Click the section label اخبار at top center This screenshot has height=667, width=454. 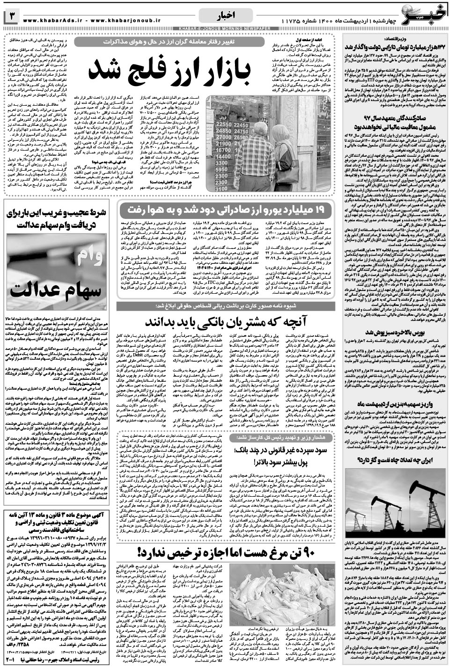coord(225,17)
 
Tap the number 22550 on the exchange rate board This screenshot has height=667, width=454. coord(225,124)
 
